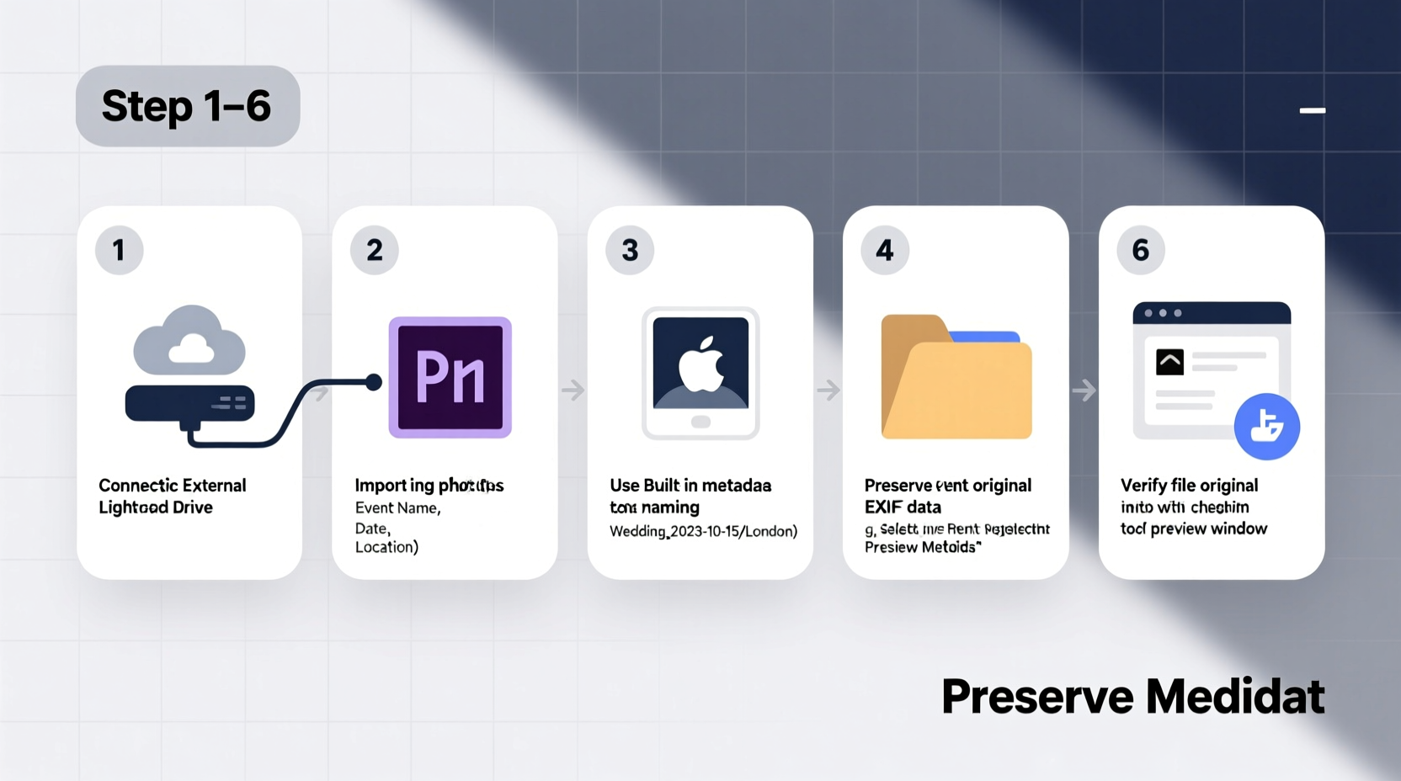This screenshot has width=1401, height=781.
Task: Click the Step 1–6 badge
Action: pyautogui.click(x=187, y=106)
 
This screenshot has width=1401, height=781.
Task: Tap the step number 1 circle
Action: pyautogui.click(x=119, y=250)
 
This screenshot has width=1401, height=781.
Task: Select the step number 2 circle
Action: pyautogui.click(x=375, y=250)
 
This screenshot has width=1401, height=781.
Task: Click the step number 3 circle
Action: pyautogui.click(x=630, y=250)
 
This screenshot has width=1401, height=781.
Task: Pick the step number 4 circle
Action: pyautogui.click(x=885, y=250)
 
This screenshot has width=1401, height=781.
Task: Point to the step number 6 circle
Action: pyautogui.click(x=1141, y=250)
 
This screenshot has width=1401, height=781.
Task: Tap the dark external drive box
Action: pyautogui.click(x=189, y=404)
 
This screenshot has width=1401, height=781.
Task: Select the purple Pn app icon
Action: pyautogui.click(x=450, y=377)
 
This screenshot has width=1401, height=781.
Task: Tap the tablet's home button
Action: pyautogui.click(x=700, y=422)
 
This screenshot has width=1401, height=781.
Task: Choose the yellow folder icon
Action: pyautogui.click(x=956, y=378)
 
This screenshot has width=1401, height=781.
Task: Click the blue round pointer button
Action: pyautogui.click(x=1266, y=426)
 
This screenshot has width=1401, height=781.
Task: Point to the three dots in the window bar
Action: pyautogui.click(x=1163, y=313)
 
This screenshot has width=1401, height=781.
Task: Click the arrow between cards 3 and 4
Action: pyautogui.click(x=828, y=390)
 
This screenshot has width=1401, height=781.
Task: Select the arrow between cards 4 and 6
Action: pyautogui.click(x=1084, y=390)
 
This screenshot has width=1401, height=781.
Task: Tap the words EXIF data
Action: pyautogui.click(x=903, y=507)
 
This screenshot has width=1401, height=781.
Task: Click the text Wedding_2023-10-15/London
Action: pyautogui.click(x=703, y=531)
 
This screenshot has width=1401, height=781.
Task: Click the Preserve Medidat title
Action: pyautogui.click(x=1132, y=697)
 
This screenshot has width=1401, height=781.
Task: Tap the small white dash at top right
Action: pyautogui.click(x=1313, y=110)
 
